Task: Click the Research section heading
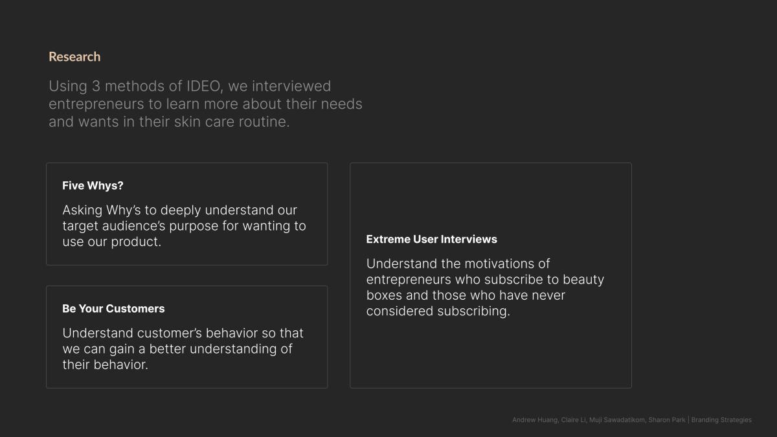(74, 56)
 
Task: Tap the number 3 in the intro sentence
(96, 86)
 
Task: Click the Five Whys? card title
(93, 186)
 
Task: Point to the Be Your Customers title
(113, 308)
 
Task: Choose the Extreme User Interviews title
(431, 239)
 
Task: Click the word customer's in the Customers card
(170, 333)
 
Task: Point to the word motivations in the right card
(499, 263)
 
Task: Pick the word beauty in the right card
(583, 280)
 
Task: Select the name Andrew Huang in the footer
(535, 420)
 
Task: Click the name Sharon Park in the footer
(667, 420)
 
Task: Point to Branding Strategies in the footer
(721, 420)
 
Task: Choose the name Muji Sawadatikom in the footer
(617, 420)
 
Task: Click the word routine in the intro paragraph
(264, 122)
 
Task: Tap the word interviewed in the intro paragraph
(291, 86)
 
